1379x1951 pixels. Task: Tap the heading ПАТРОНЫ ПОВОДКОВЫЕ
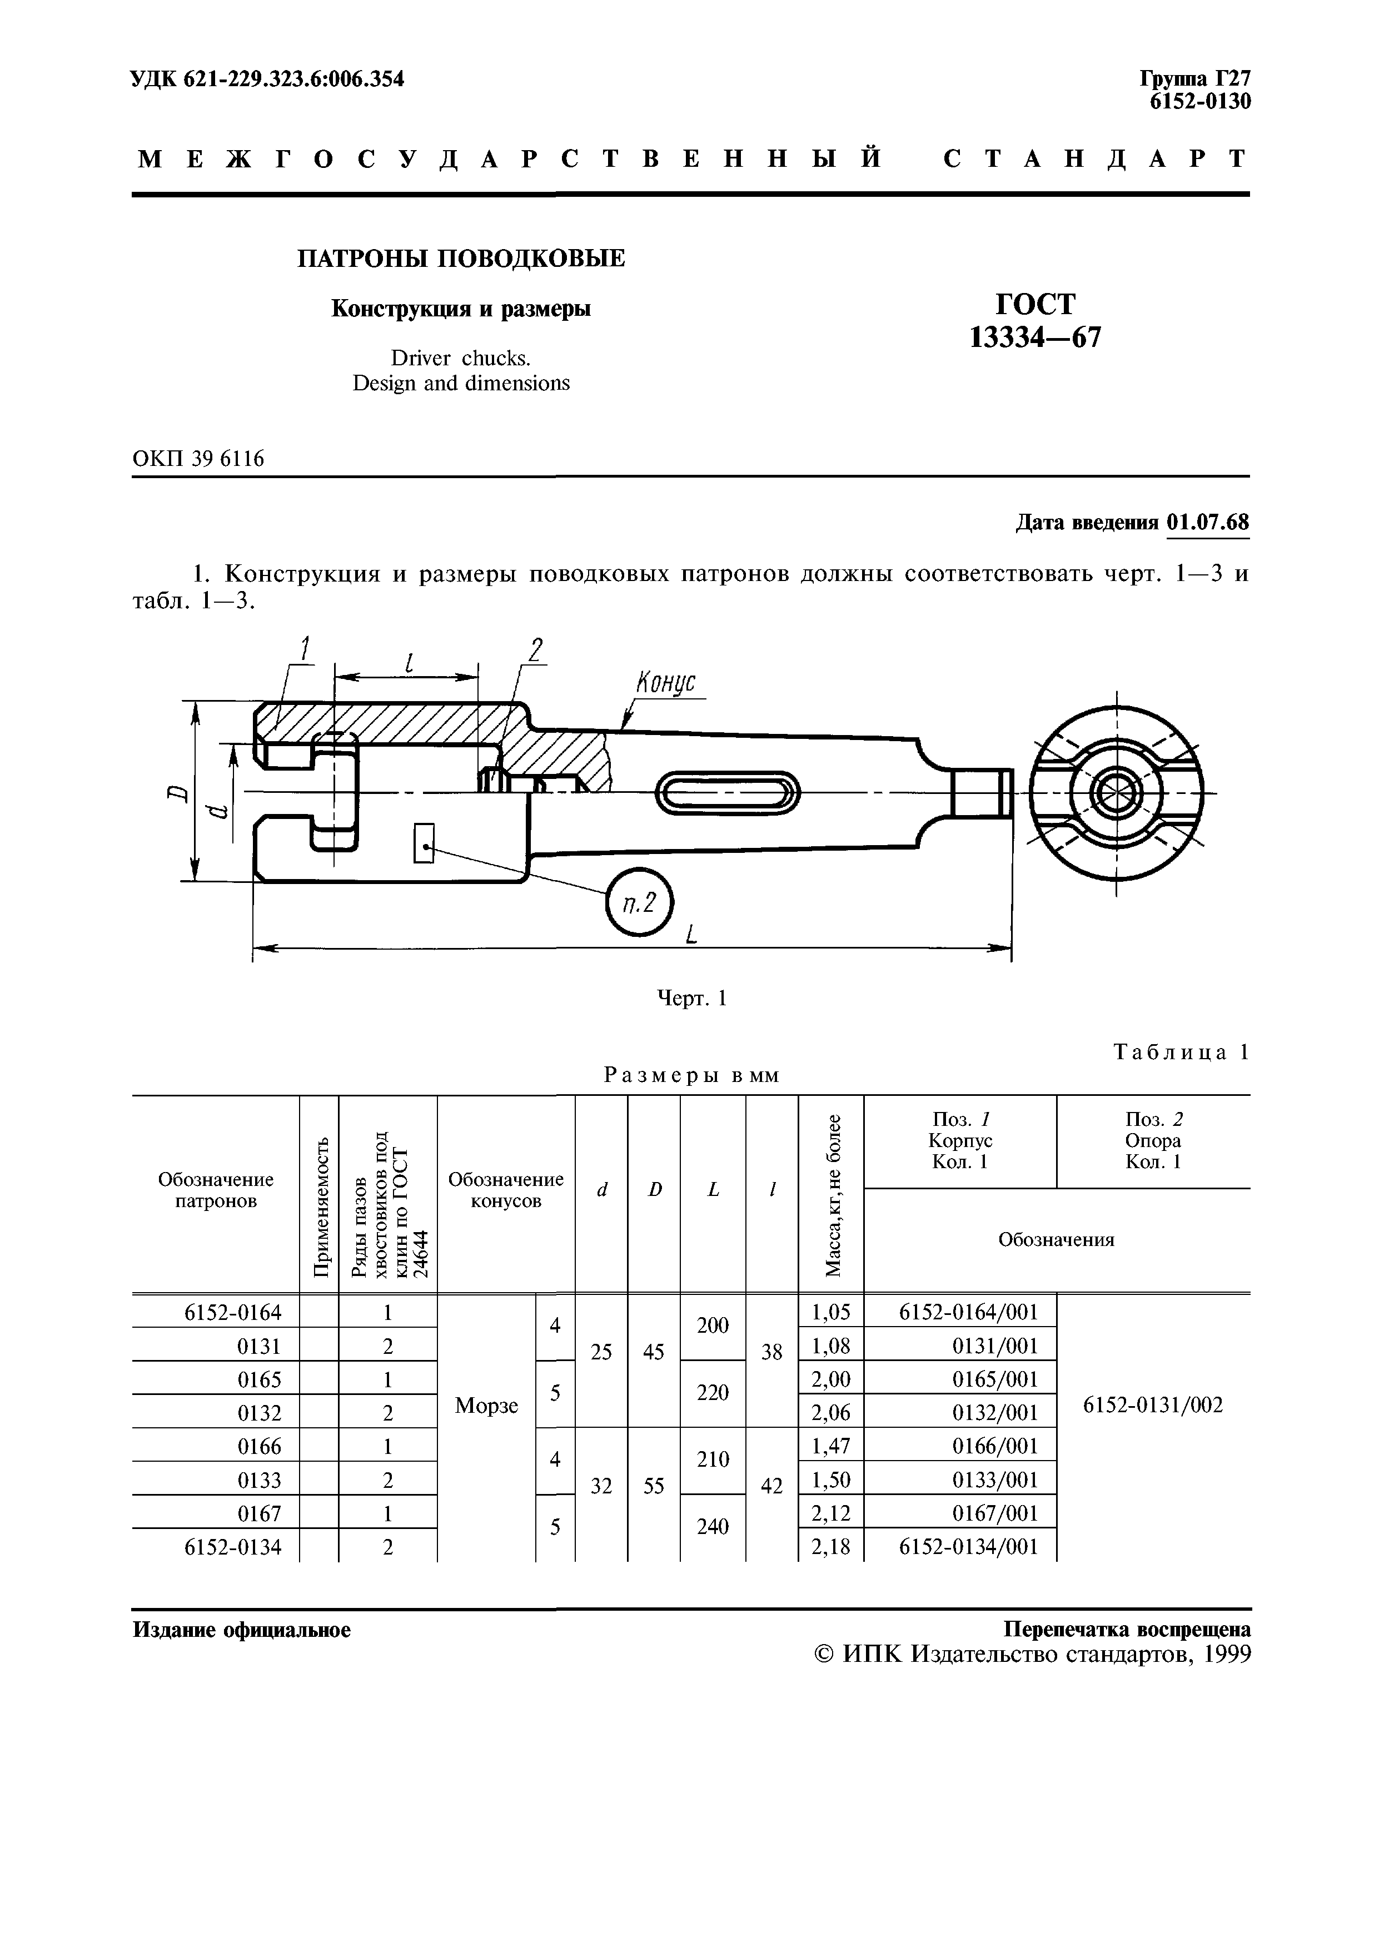(x=461, y=259)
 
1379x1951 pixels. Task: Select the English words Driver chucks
(x=461, y=358)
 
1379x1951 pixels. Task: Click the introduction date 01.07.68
(x=1207, y=521)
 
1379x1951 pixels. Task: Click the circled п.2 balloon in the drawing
(x=639, y=902)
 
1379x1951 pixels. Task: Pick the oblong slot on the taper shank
(x=728, y=792)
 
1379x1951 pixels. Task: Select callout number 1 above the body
(x=304, y=649)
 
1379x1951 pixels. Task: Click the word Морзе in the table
(x=486, y=1406)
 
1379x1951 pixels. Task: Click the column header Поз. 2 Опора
(x=1152, y=1140)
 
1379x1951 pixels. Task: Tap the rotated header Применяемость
(x=320, y=1207)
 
